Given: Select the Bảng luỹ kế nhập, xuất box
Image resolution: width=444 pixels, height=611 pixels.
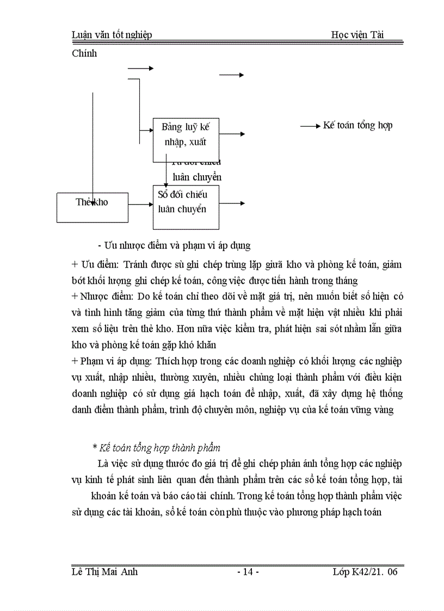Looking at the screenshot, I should click(186, 140).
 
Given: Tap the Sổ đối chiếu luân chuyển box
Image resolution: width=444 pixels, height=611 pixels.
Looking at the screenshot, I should click(186, 207).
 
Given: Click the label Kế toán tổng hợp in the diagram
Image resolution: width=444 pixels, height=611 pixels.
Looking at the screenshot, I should click(357, 125).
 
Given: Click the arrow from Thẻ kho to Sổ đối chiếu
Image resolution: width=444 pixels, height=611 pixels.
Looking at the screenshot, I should click(141, 205).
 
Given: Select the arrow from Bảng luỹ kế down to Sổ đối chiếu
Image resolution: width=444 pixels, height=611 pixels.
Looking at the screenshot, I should click(166, 174).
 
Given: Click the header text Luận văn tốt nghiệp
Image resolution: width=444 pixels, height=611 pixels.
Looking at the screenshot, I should click(112, 35).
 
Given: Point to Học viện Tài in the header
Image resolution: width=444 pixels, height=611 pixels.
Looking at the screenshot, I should click(357, 35).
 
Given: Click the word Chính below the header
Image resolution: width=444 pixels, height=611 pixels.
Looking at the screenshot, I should click(84, 53).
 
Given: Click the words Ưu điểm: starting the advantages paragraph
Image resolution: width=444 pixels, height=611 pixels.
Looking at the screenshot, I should click(95, 265).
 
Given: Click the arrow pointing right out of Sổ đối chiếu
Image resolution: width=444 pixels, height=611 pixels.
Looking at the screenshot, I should click(232, 203).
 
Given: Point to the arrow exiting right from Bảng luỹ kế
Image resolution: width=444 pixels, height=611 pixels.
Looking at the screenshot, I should click(232, 134).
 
